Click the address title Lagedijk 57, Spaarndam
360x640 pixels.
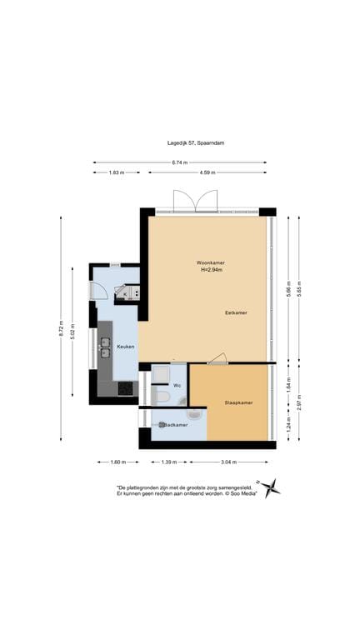click(x=196, y=142)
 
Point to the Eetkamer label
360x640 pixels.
click(x=236, y=312)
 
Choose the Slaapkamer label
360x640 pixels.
click(x=238, y=402)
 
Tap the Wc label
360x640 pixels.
click(x=177, y=385)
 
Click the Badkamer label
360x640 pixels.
click(x=176, y=425)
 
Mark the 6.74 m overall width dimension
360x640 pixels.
click(x=181, y=162)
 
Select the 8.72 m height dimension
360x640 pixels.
click(x=61, y=330)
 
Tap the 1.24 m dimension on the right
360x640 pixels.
click(x=288, y=426)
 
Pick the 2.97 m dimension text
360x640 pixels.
click(x=299, y=402)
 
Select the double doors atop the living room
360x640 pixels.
click(x=195, y=202)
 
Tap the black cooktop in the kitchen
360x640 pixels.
click(x=126, y=387)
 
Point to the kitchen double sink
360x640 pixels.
click(x=106, y=347)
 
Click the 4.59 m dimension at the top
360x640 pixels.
click(x=207, y=172)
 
